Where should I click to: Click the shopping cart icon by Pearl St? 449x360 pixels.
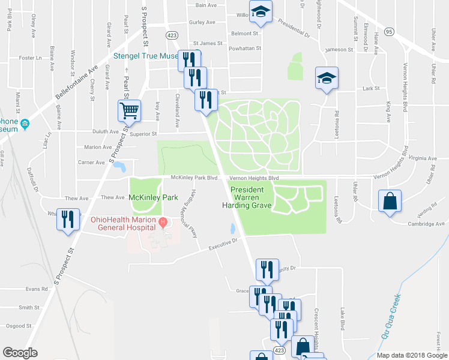coord(129,111)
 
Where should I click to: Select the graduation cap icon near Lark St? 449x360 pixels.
coord(327,79)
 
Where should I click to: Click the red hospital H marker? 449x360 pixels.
coord(162,223)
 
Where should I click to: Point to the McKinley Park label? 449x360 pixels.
coord(154,197)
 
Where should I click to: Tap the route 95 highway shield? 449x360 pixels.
coord(390,31)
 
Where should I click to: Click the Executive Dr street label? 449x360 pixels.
coord(223,244)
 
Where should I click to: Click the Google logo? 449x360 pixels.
coord(20,353)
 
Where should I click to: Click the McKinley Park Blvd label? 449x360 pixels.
coord(194,178)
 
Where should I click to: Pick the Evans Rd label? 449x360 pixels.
coord(36,289)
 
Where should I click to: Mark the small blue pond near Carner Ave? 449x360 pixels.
coord(119,166)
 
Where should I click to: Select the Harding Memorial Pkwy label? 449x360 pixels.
coord(185,214)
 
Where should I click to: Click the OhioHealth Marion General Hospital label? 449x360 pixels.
coord(124,223)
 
